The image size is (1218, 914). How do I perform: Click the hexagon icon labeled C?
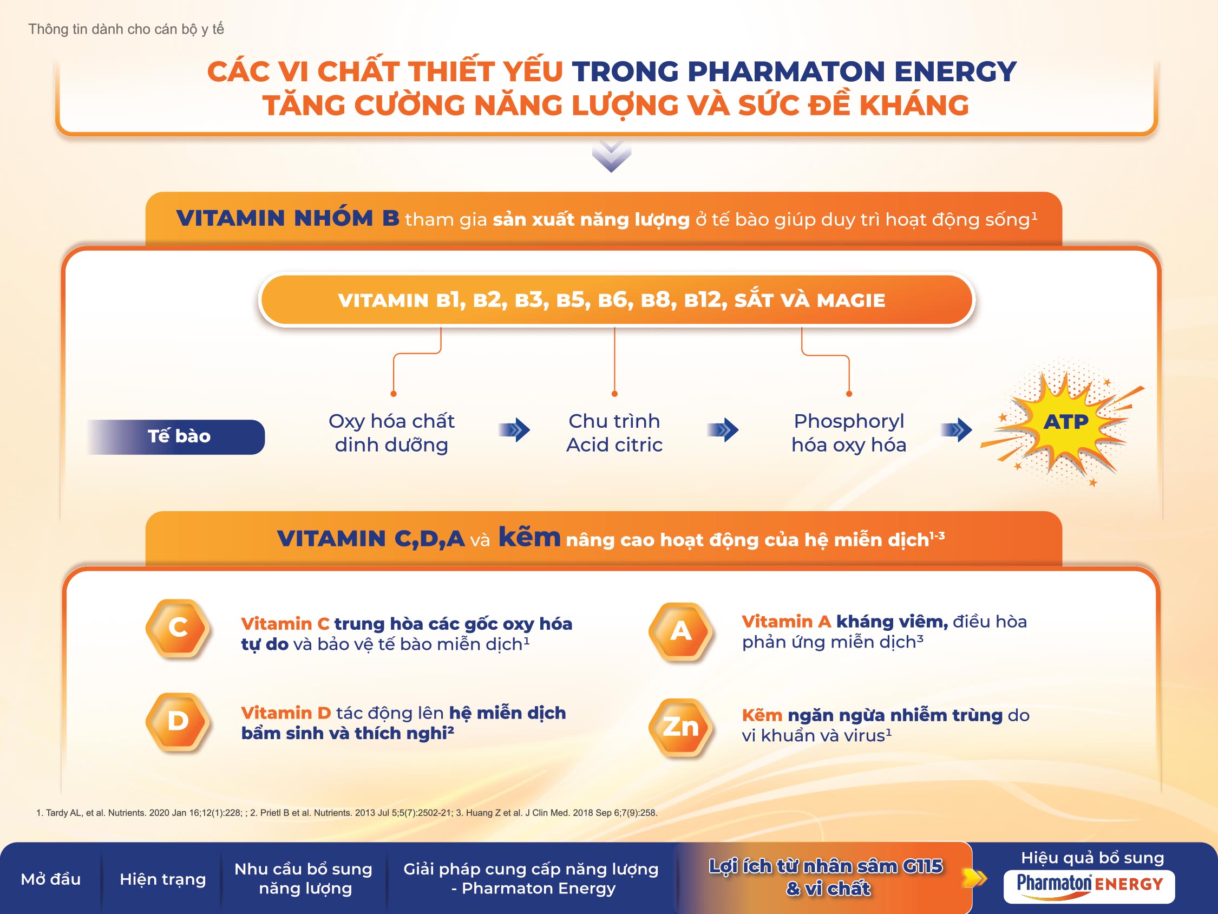pos(178,628)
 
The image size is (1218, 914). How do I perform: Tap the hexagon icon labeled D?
pos(178,721)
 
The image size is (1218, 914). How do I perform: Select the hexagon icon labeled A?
pos(681,631)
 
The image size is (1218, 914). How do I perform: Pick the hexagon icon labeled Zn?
pos(681,727)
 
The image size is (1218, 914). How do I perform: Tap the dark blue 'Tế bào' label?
pos(176,437)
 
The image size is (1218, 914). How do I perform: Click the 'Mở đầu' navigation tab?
pos(51,879)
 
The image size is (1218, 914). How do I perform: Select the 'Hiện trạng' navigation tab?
pos(162,879)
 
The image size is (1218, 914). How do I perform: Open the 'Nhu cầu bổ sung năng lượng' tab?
pos(304,879)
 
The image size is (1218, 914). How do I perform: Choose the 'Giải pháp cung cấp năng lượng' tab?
pos(532,879)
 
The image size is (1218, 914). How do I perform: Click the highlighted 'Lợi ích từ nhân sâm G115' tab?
pos(826,878)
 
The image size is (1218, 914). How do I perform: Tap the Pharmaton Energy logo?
pos(1089,886)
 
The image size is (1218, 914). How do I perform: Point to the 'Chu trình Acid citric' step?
pos(614,433)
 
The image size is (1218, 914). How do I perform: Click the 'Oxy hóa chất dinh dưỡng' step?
pos(391,433)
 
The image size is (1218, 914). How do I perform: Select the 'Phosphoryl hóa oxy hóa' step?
pos(848,433)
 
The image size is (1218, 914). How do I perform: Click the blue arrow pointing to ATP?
pos(957,430)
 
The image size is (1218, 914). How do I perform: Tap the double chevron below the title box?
pos(611,156)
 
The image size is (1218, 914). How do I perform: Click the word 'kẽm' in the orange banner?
pos(529,537)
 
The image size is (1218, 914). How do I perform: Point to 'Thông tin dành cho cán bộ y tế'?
pos(126,29)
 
